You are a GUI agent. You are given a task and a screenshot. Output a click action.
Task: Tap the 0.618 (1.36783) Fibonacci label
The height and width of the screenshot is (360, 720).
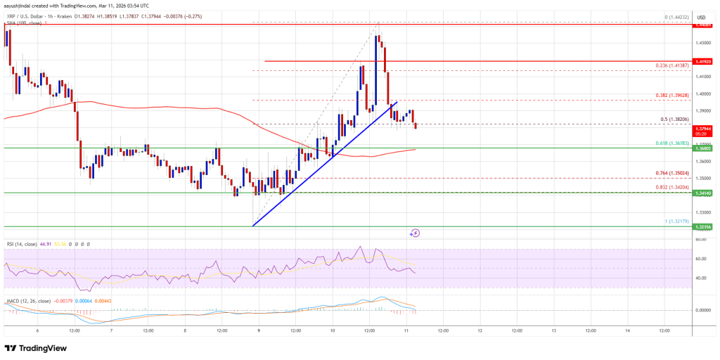tap(676, 143)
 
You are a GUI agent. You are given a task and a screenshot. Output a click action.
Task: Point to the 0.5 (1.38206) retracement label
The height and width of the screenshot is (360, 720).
tap(679, 119)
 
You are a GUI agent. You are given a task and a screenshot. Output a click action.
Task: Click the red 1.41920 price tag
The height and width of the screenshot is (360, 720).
tap(702, 62)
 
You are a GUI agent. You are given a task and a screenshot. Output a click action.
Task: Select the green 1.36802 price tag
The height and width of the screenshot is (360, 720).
tap(702, 148)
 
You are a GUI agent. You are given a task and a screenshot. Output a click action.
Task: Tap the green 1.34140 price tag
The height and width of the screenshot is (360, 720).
tap(702, 193)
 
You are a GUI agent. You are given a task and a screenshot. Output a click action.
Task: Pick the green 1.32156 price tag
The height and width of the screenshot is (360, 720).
tap(702, 227)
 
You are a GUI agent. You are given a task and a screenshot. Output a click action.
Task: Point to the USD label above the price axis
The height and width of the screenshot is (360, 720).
tap(702, 16)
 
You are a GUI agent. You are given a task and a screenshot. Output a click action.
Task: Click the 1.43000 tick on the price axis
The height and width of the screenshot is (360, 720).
tap(702, 42)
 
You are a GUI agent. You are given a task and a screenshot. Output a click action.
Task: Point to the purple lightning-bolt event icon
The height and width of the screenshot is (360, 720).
tap(416, 233)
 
